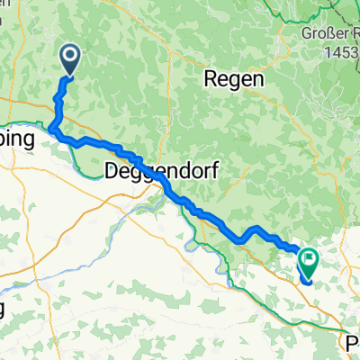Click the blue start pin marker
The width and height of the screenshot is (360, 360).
point(70,59)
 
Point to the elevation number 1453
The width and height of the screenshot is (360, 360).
point(341,52)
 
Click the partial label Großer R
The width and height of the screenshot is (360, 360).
point(330,35)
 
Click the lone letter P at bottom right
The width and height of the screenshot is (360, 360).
point(352,342)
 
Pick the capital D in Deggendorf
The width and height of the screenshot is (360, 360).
point(113,168)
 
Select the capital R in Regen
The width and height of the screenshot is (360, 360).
point(212,78)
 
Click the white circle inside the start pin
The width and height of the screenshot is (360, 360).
point(70,57)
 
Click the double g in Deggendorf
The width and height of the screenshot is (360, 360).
point(145,170)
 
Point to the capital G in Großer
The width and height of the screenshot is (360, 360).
point(307,35)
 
